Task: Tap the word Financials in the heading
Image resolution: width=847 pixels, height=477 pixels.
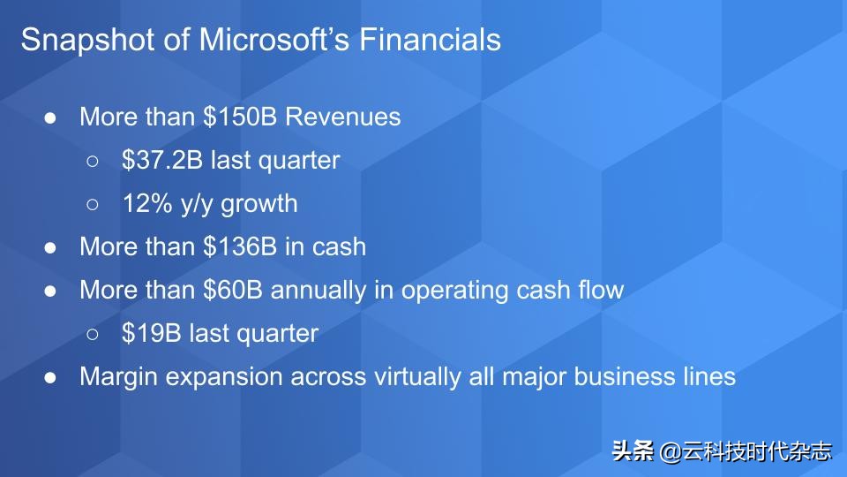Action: pos(436,41)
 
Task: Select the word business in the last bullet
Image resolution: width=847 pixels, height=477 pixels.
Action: pos(625,376)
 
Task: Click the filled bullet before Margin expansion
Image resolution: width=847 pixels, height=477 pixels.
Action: pos(51,377)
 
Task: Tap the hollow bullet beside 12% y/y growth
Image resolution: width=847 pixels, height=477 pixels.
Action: pos(94,204)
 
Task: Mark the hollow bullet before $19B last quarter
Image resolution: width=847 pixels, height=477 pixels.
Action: pos(94,334)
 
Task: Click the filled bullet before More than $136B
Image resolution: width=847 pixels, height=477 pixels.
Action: pos(51,247)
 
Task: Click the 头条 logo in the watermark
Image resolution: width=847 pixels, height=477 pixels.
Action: pos(633,451)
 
